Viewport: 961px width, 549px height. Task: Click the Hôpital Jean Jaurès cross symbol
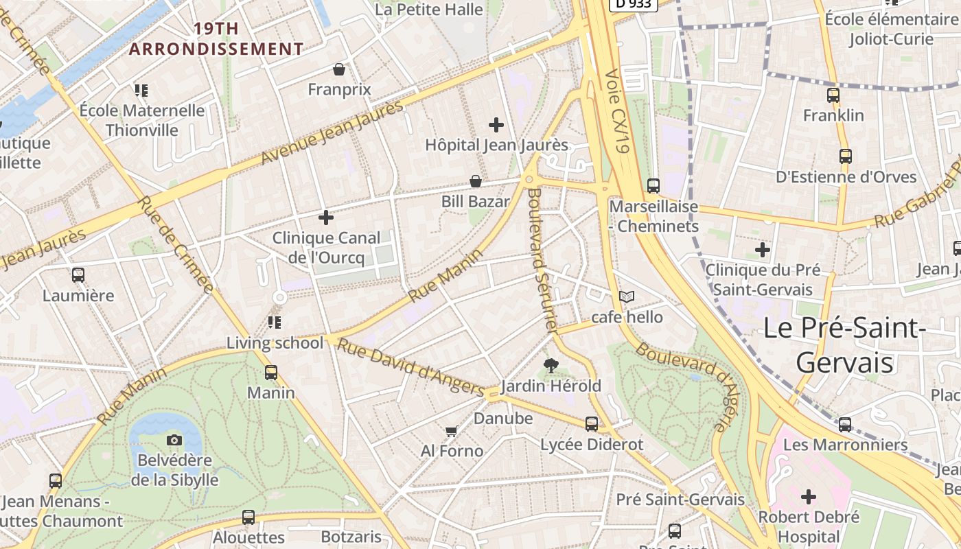tap(496, 125)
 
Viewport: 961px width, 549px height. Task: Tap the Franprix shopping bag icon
tap(338, 69)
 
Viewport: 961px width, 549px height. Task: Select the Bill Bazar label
tap(476, 202)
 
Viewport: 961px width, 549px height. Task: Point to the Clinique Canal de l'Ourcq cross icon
tap(326, 218)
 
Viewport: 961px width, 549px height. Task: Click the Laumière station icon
tap(78, 275)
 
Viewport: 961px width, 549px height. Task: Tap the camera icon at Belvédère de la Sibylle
tap(174, 440)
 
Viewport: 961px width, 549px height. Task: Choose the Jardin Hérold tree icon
tap(551, 365)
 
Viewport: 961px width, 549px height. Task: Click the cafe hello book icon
tap(627, 296)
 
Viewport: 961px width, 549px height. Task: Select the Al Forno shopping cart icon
tap(451, 431)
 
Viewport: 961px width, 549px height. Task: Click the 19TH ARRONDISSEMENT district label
tap(216, 39)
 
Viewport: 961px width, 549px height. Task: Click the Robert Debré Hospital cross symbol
tap(809, 496)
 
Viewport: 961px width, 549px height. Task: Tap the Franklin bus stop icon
tap(833, 95)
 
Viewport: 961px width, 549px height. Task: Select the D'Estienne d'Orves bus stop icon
tap(845, 156)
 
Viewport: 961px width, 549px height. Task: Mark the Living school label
tap(275, 343)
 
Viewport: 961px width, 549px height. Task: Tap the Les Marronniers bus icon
tap(845, 424)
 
